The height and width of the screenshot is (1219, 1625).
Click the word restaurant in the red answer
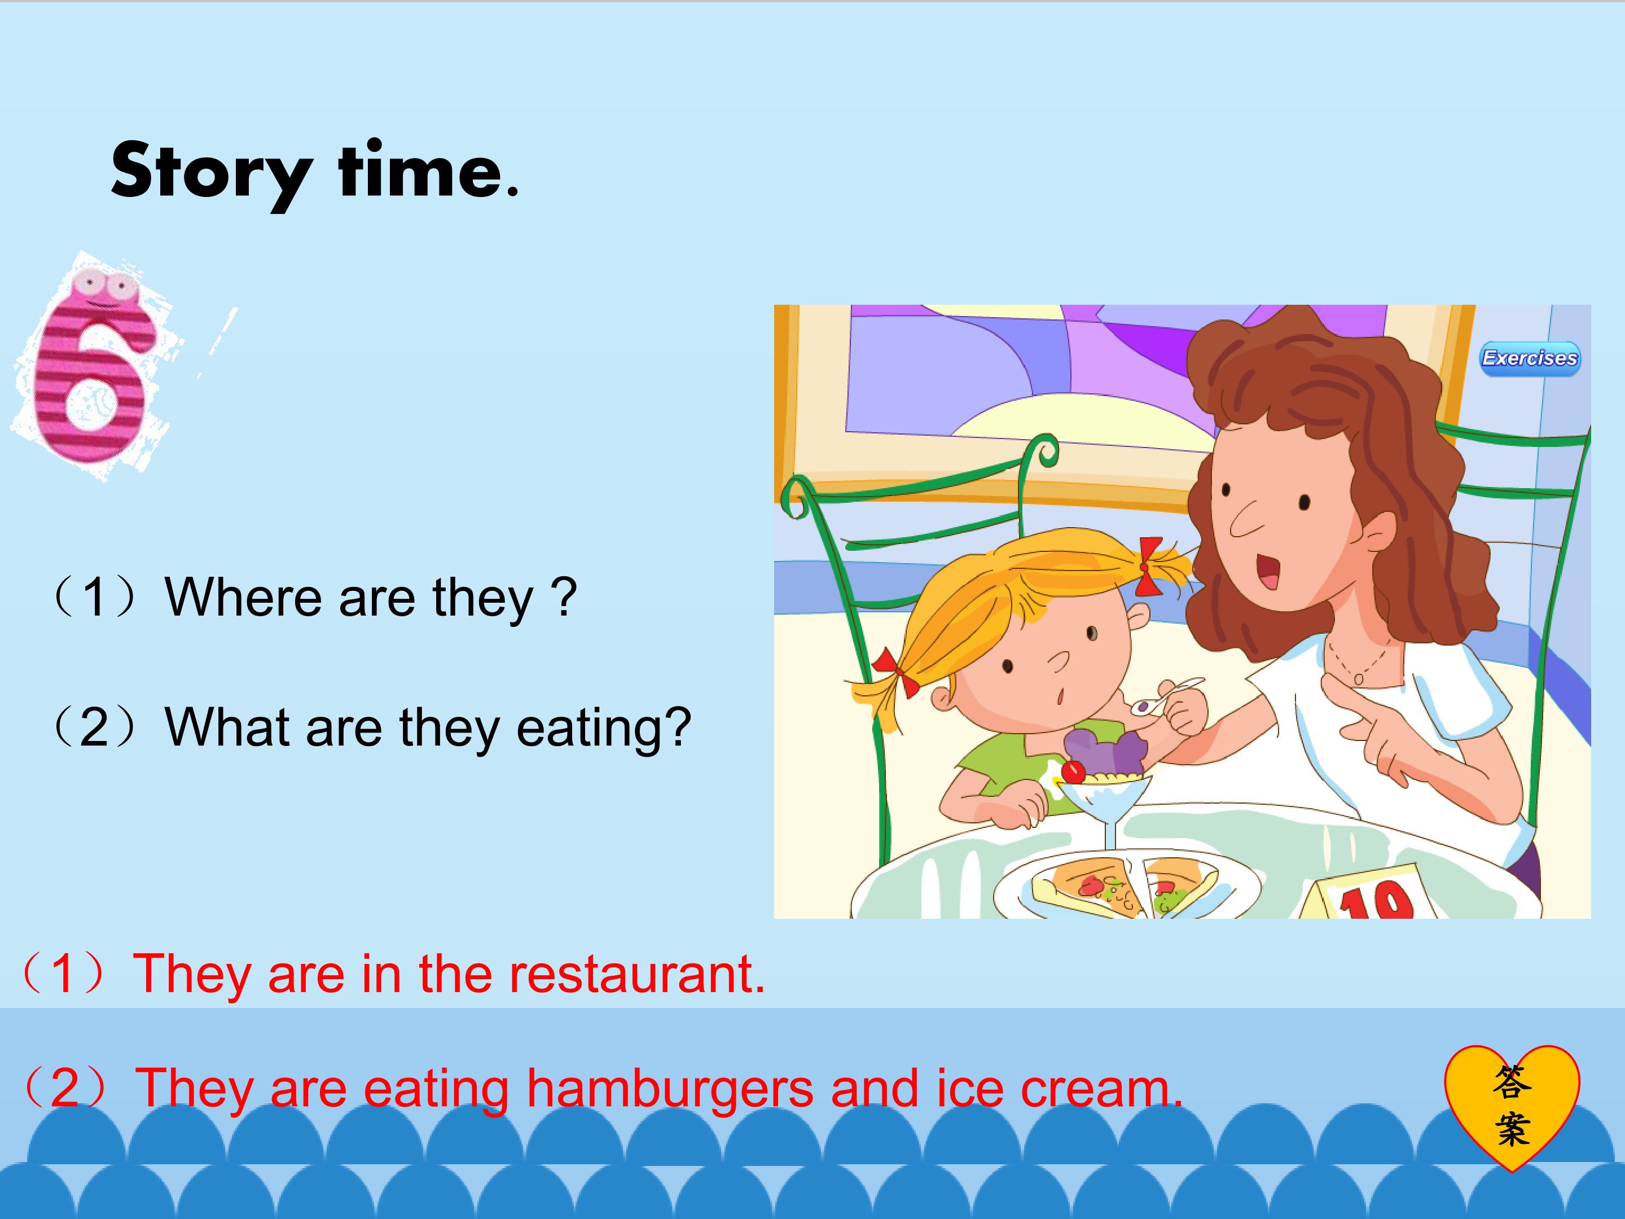click(x=636, y=973)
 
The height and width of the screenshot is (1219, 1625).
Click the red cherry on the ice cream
click(x=1073, y=772)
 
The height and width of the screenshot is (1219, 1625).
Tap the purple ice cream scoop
click(x=1105, y=749)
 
